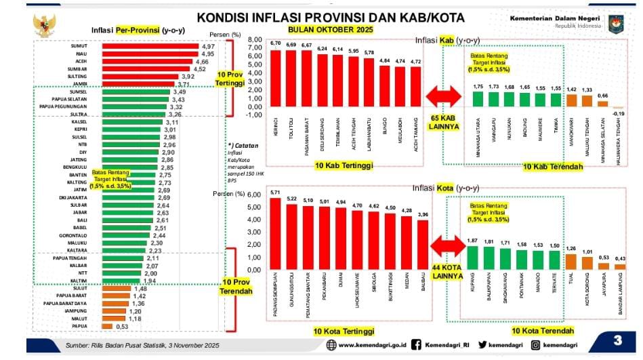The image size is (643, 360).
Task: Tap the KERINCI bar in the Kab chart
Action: [275, 78]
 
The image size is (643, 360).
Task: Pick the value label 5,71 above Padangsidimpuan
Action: [275, 193]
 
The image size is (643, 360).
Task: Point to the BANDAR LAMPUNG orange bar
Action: [619, 266]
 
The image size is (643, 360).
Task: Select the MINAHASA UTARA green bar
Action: [478, 100]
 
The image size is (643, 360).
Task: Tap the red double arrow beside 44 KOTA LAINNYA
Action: [447, 247]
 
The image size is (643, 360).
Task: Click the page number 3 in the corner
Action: [618, 339]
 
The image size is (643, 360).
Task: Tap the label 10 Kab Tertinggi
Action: [343, 166]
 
